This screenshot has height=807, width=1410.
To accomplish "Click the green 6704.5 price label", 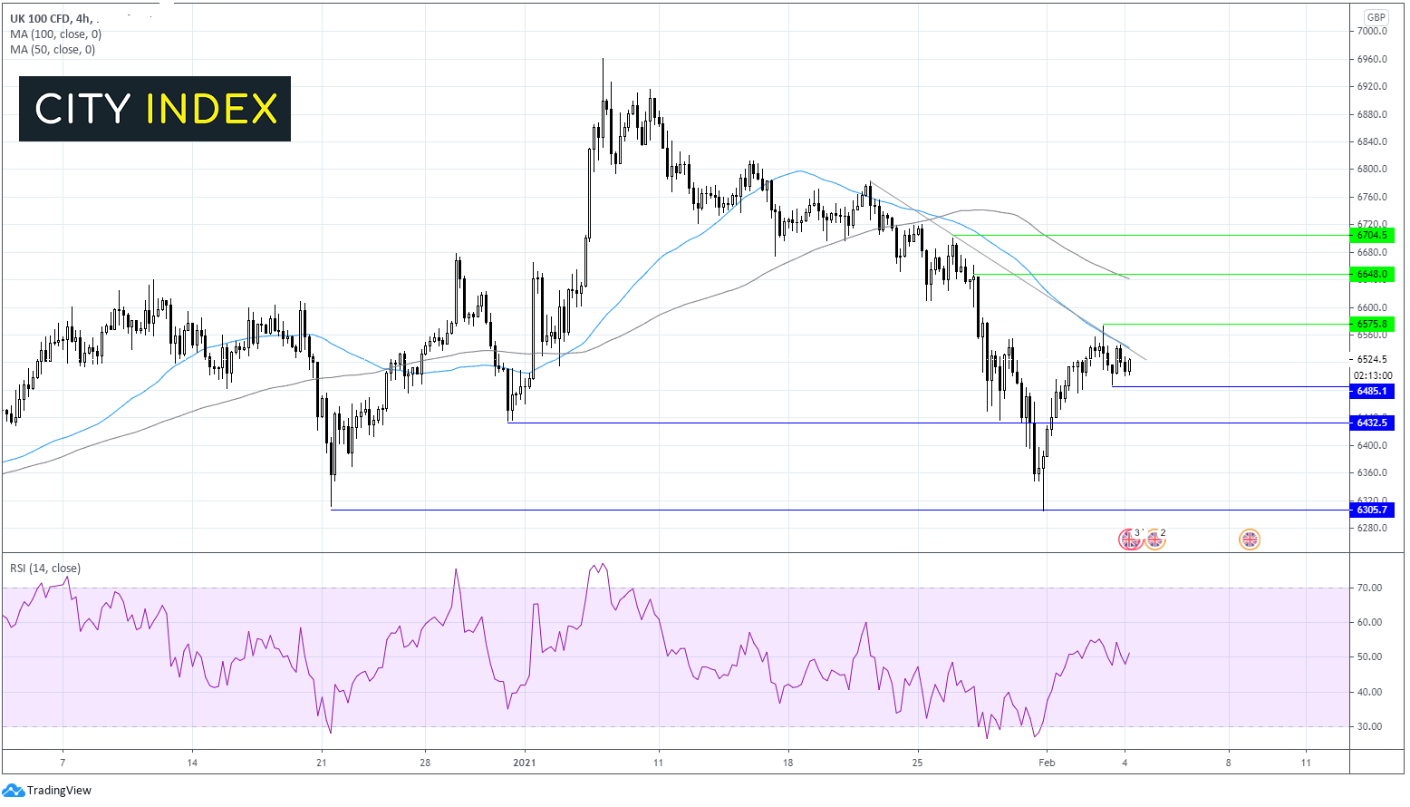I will (x=1372, y=235).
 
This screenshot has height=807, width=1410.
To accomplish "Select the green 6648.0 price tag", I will (x=1372, y=274).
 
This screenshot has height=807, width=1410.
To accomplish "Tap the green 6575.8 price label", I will (x=1372, y=324).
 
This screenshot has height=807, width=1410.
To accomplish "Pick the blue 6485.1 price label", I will (x=1372, y=391).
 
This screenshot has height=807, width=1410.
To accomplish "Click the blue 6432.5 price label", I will (x=1372, y=423).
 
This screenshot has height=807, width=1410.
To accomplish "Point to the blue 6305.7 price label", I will (x=1372, y=510).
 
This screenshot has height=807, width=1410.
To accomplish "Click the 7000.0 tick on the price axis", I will (x=1372, y=31).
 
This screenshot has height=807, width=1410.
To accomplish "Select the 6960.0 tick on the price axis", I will (x=1372, y=59).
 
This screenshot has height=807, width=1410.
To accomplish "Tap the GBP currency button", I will (x=1376, y=17).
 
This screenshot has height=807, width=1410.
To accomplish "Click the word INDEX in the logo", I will (x=211, y=110).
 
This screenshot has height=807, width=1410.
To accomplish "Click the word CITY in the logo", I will (x=83, y=110).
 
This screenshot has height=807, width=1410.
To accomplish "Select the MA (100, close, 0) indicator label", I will (x=56, y=34).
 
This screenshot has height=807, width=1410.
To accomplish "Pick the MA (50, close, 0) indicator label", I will (x=53, y=50).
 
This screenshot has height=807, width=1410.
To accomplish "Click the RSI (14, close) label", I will (x=45, y=569).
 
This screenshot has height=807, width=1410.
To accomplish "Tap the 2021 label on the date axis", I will (x=525, y=763).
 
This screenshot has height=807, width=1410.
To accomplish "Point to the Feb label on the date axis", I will (x=1047, y=763).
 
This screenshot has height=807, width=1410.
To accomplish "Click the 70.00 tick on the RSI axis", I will (x=1369, y=588).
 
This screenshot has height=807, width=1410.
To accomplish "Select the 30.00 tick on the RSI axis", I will (x=1369, y=726).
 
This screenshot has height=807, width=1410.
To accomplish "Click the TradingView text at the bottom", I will (x=59, y=791).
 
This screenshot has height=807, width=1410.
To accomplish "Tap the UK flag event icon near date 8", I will (x=1250, y=540).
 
